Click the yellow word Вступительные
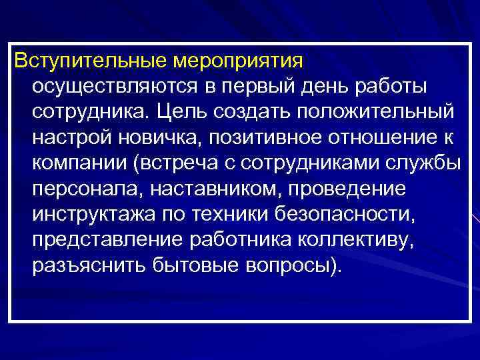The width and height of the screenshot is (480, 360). [91, 61]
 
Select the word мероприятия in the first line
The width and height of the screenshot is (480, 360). [239, 62]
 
